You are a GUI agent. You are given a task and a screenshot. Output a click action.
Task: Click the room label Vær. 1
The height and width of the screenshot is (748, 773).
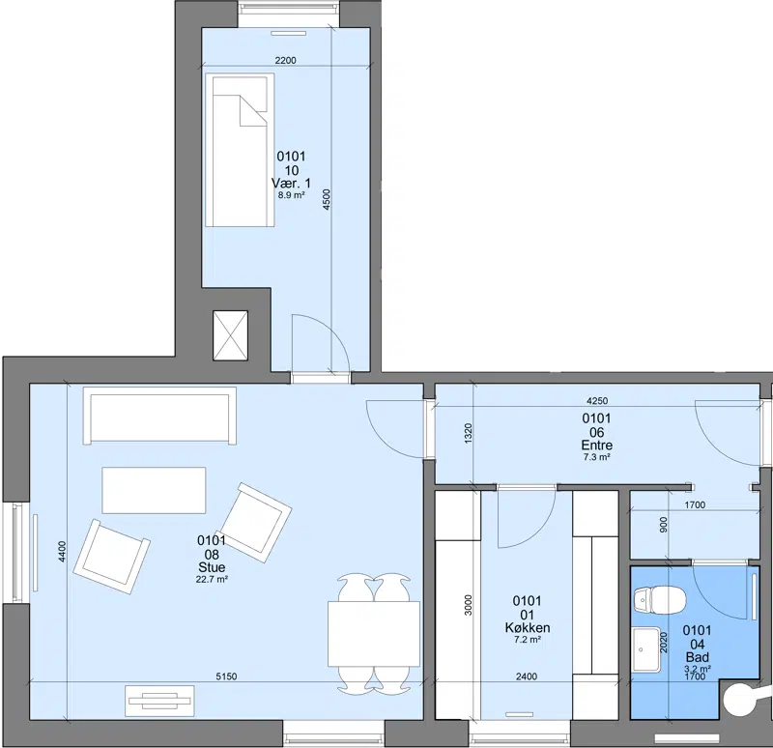coord(291,184)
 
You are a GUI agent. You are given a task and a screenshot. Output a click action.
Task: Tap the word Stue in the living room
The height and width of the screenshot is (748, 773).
coord(212,567)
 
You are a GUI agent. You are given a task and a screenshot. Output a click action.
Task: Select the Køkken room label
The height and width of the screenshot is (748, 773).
coord(528,628)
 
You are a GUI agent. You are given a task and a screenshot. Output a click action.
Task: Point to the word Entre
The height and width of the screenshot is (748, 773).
coord(597,446)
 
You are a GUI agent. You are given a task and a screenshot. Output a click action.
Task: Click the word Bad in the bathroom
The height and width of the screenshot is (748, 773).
coord(698,657)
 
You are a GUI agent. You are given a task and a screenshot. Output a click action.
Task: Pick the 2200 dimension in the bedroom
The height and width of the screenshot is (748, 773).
coord(285,60)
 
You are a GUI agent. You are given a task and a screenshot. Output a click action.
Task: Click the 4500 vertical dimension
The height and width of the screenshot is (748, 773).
coord(327,200)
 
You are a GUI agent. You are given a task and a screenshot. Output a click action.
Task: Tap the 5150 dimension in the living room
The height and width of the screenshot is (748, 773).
coord(226,676)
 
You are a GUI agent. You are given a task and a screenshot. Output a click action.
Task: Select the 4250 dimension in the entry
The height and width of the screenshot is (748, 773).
coord(597,401)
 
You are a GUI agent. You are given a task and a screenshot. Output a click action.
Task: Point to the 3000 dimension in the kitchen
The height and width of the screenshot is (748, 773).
coord(469,605)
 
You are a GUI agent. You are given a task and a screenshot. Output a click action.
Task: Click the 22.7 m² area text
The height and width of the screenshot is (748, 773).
coord(212,580)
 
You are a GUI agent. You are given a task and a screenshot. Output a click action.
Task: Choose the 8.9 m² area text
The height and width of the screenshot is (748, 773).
coord(291,195)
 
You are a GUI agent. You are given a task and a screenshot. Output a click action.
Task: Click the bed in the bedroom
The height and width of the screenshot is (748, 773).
coord(240,151)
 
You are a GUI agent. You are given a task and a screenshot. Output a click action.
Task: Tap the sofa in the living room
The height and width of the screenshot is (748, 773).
coord(159,416)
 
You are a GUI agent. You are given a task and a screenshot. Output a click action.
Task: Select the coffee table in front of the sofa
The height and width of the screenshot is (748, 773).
coord(154,490)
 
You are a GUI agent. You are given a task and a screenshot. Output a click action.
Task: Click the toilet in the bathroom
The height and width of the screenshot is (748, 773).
coord(659,600)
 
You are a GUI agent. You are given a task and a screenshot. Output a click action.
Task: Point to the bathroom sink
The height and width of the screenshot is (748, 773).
coord(646,648)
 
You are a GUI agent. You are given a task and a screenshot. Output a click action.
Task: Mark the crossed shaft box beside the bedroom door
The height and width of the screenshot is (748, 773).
coord(230,335)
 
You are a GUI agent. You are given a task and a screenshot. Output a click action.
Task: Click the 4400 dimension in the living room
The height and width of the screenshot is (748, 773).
coord(62,552)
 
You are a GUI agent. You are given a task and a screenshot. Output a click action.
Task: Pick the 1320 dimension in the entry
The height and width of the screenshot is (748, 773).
coord(469,432)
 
